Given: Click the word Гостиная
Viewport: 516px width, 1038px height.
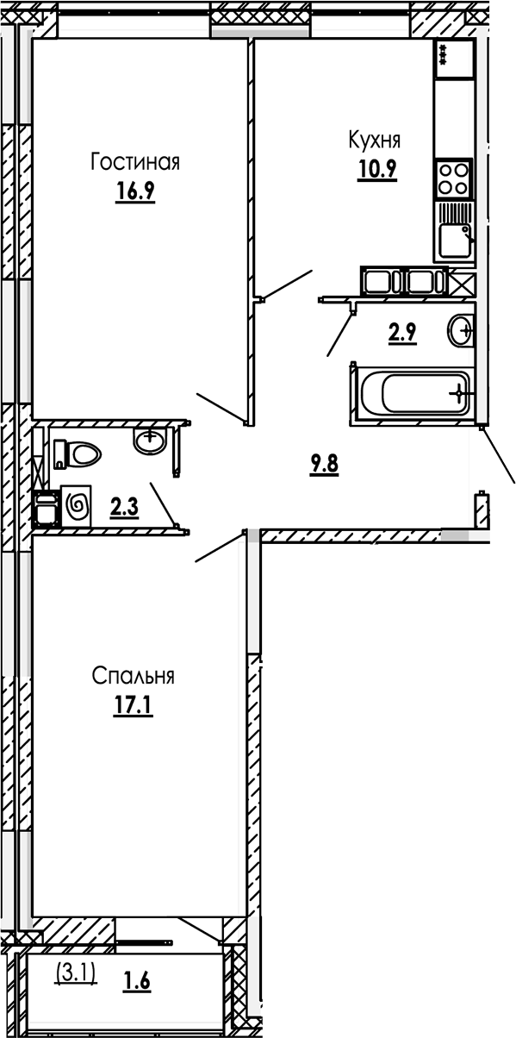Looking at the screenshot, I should (134, 162).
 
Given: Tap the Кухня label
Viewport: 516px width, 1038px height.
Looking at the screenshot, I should (374, 139).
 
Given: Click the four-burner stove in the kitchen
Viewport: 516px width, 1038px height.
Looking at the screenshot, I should (453, 178).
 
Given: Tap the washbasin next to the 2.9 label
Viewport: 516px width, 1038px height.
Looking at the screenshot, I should (461, 329).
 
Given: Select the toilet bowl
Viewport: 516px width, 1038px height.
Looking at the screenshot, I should (82, 453).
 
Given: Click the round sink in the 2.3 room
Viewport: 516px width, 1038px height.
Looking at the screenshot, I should (150, 441).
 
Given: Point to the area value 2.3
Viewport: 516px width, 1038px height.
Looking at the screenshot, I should (124, 508).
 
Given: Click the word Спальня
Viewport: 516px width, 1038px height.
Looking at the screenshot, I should (134, 677).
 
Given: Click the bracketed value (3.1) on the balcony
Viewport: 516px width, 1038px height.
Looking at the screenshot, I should (76, 972).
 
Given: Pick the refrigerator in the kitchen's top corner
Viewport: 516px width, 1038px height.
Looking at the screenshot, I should (454, 59).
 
